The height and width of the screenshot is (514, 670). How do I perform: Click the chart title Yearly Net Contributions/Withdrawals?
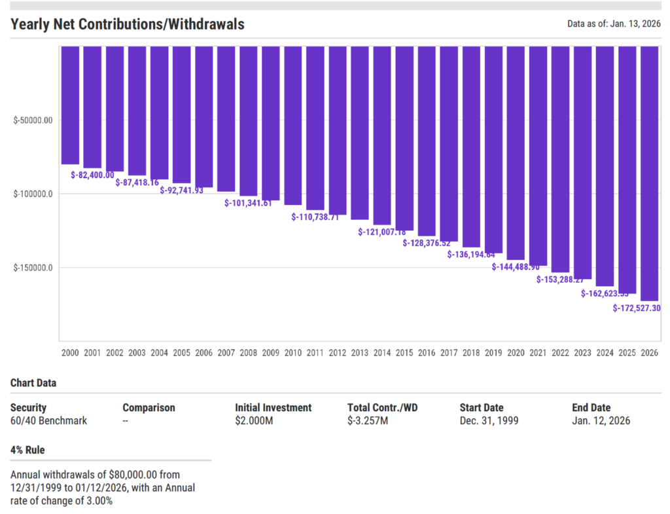(128, 25)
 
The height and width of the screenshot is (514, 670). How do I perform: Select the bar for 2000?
(70, 105)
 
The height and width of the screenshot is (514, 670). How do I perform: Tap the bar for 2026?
(649, 173)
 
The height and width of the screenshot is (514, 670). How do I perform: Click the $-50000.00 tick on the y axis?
(33, 120)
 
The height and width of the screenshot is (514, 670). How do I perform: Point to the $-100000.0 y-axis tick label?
(33, 194)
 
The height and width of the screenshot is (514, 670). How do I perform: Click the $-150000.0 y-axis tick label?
(33, 268)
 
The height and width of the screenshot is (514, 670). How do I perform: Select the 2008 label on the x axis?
(249, 353)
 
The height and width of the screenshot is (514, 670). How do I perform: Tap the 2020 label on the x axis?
(516, 353)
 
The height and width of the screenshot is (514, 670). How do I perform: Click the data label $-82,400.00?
(92, 175)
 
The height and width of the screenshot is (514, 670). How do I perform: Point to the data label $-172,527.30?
(636, 308)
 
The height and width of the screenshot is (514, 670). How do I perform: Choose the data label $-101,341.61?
(248, 204)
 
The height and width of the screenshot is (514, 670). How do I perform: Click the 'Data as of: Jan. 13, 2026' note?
(614, 25)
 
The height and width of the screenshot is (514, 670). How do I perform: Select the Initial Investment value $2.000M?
(254, 421)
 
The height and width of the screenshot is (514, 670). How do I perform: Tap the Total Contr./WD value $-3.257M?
(368, 421)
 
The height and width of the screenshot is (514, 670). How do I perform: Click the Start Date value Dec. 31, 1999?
(489, 421)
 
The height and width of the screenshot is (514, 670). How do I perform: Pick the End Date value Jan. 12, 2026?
(601, 421)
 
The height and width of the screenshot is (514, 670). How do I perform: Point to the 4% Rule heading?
(27, 450)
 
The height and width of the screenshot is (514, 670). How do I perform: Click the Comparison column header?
(149, 408)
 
